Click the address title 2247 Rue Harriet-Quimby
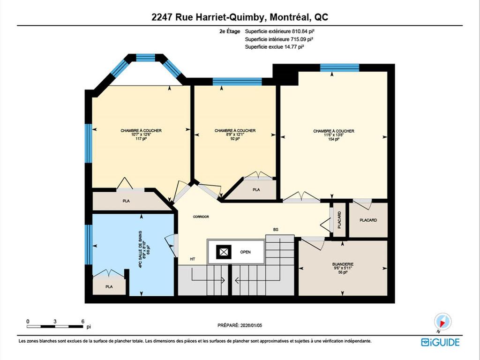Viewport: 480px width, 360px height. click(x=240, y=17)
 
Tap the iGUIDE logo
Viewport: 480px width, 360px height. click(x=440, y=342)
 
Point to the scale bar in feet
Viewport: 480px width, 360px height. click(x=55, y=325)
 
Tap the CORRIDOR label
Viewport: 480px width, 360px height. click(x=201, y=217)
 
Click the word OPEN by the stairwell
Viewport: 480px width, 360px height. click(x=246, y=252)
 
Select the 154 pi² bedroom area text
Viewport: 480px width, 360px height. click(x=334, y=139)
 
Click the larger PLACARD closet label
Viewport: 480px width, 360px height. click(x=368, y=220)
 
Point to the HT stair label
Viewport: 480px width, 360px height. click(x=193, y=259)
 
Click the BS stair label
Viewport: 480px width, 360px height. click(x=276, y=230)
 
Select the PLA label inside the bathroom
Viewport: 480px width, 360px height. click(x=109, y=286)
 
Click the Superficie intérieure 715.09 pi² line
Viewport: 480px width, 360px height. click(x=279, y=39)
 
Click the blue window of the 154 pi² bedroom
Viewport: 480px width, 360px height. click(x=339, y=67)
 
